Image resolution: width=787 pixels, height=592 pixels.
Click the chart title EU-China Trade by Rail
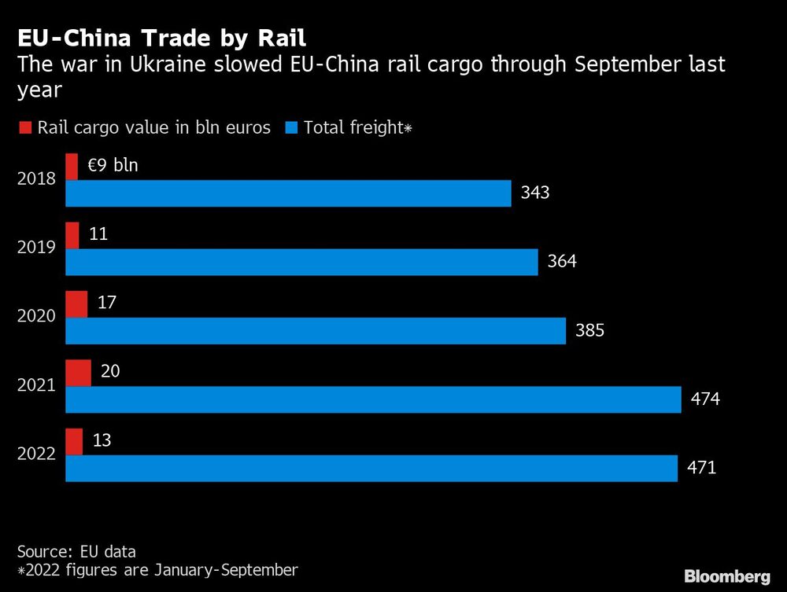point(162,37)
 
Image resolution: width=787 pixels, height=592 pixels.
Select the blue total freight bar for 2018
point(288,193)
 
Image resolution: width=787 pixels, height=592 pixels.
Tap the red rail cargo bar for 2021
point(78,373)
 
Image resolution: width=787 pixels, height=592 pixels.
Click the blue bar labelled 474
point(373,400)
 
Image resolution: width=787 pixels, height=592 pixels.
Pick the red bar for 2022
point(74,441)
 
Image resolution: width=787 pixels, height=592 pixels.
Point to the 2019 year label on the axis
point(36,248)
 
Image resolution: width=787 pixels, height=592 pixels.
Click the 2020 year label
point(36,316)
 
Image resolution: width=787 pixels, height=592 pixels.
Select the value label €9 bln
point(112,166)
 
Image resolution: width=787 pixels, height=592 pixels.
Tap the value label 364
point(562,262)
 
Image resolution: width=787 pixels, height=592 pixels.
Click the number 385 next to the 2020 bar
point(589,331)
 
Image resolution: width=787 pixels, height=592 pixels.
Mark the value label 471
point(700,469)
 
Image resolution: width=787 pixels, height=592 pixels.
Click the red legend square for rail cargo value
point(24,128)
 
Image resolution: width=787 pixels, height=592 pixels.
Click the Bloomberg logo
point(726,576)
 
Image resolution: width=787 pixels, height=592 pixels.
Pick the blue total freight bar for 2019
point(301,263)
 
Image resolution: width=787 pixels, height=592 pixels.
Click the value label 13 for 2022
point(102,440)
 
